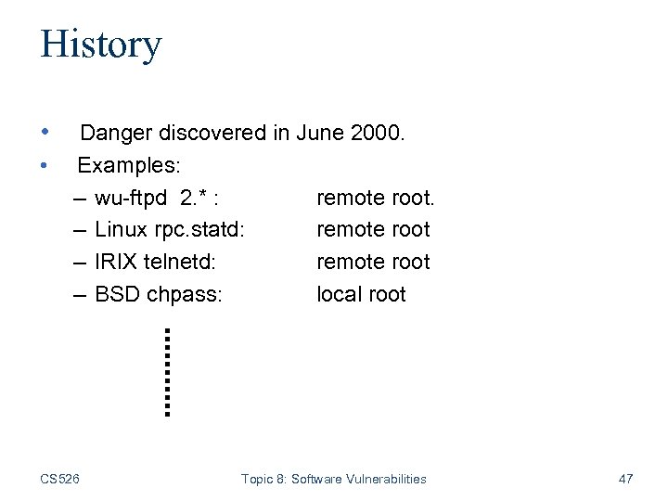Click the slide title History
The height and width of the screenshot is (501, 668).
coord(100,44)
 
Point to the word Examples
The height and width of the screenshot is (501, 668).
coord(129,166)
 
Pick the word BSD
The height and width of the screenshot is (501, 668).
coord(116,294)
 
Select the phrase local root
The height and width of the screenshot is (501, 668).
coord(361,294)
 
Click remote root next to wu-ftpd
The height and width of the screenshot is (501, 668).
coord(375,198)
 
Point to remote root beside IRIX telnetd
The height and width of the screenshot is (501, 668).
coord(373,262)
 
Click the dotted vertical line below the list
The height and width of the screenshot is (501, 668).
coord(166,371)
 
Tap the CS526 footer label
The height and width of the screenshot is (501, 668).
coord(59,479)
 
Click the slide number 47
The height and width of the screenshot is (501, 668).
coord(625,479)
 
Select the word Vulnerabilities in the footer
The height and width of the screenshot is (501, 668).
coord(384,479)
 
